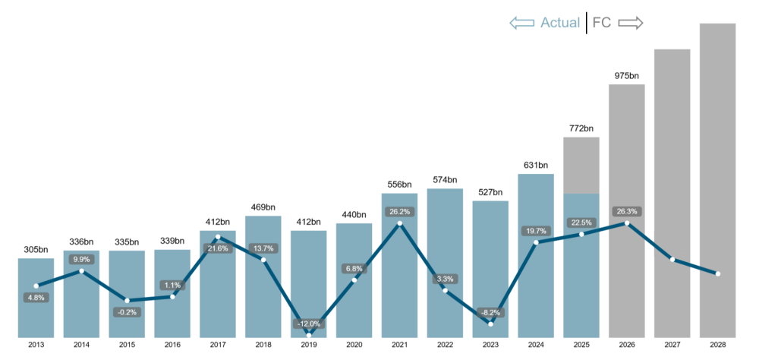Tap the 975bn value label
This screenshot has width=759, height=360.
626,75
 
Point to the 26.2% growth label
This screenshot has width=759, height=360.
399,212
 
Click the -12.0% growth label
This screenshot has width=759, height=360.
309,324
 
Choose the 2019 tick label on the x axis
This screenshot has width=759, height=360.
309,345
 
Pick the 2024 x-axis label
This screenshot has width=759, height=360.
536,345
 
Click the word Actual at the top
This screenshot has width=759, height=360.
560,23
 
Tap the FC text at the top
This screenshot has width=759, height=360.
602,23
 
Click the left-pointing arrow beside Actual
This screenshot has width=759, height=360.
522,23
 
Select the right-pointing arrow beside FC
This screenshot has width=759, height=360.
631,23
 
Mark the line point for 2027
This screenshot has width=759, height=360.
672,260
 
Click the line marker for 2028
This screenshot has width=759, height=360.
717,273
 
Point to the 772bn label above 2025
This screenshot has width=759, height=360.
581,128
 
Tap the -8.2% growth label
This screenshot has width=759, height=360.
490,312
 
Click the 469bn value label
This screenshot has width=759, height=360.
263,207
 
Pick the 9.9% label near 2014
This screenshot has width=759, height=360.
81,259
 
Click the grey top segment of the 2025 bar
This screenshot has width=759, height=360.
581,165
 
